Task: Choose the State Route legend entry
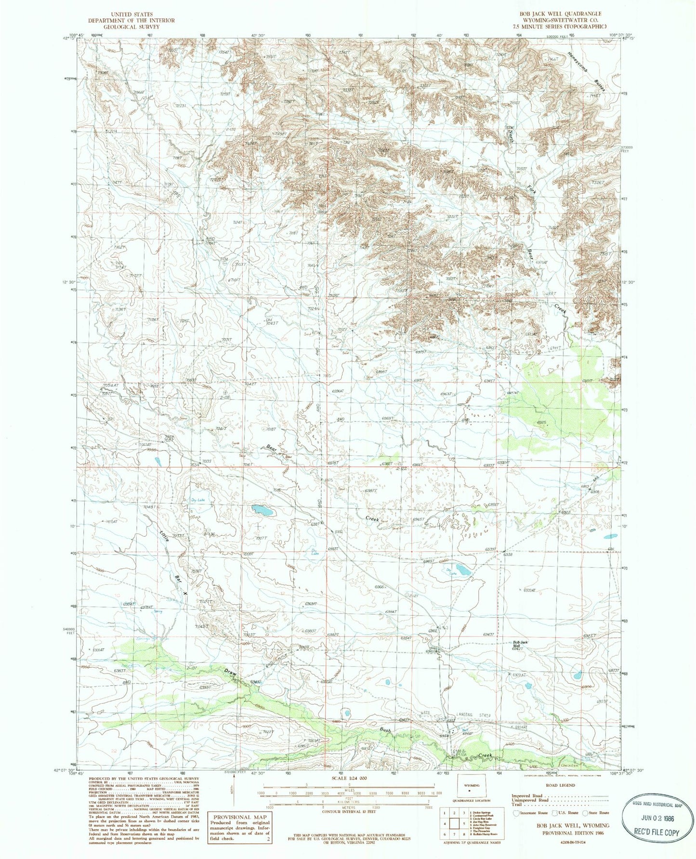pos(595,813)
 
